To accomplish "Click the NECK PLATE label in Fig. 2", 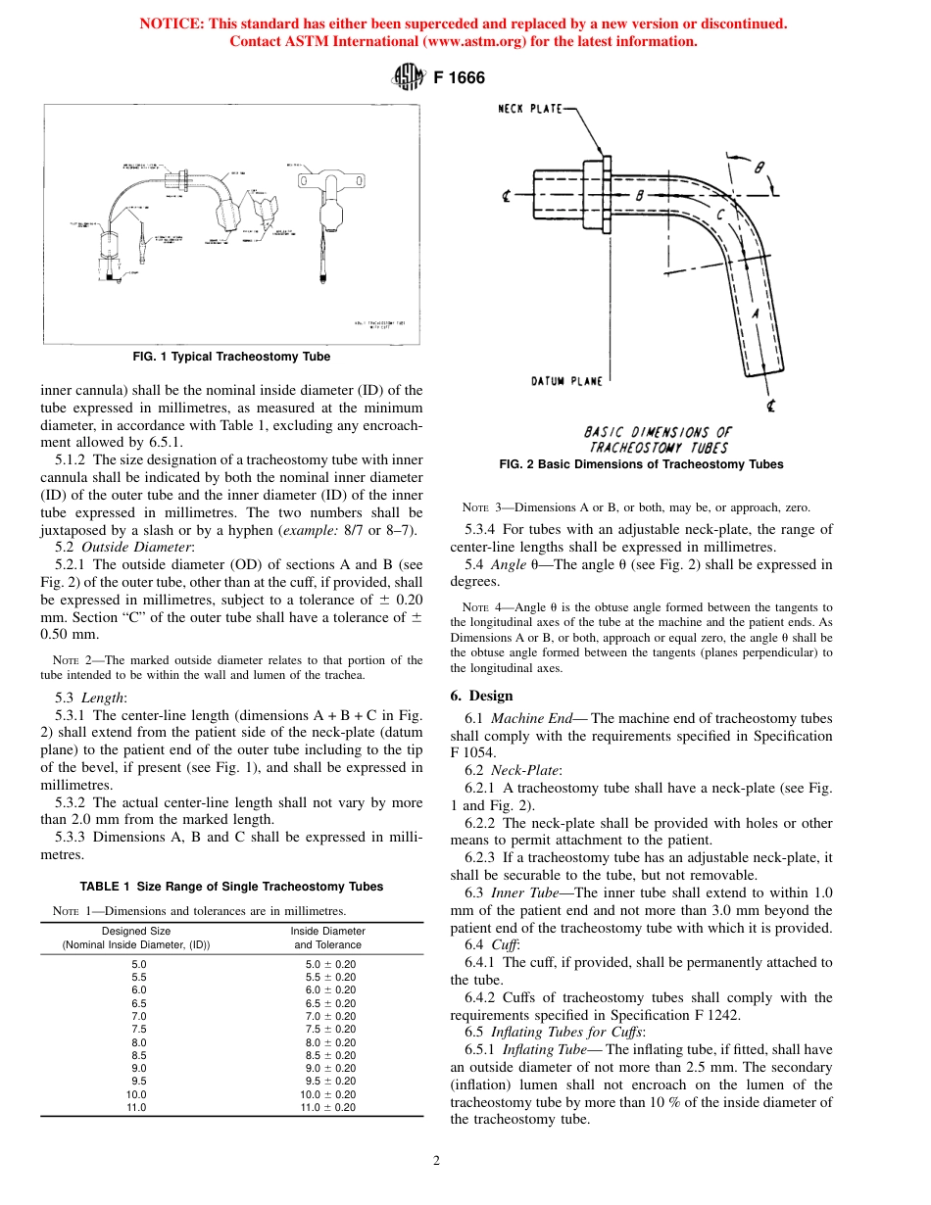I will pyautogui.click(x=530, y=110).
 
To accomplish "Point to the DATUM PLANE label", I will pyautogui.click(x=566, y=381).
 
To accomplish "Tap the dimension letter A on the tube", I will pyautogui.click(x=756, y=313).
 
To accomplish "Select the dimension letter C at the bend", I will pyautogui.click(x=720, y=214).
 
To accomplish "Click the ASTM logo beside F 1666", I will pyautogui.click(x=409, y=77).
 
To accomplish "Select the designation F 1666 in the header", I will pyautogui.click(x=460, y=77).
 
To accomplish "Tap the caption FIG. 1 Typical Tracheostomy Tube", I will pyautogui.click(x=231, y=357).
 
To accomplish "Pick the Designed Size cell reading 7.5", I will pyautogui.click(x=138, y=1029).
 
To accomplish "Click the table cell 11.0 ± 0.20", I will pyautogui.click(x=327, y=1107).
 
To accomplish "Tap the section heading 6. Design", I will pyautogui.click(x=481, y=696).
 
